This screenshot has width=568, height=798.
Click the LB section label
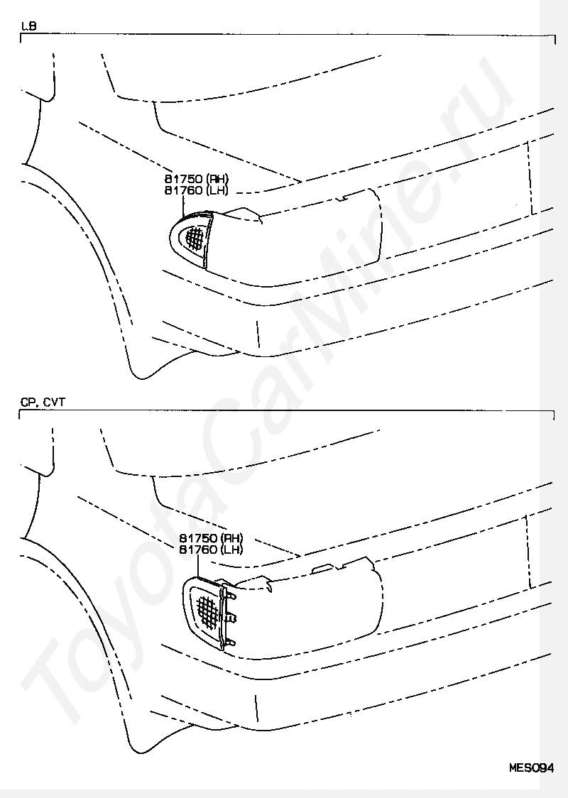[x=29, y=26]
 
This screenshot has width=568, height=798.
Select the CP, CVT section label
[x=43, y=402]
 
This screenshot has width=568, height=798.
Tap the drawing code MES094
[x=532, y=767]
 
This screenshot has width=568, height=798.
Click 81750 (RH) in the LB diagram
[x=197, y=179]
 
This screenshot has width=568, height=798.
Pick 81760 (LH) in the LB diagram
[x=197, y=190]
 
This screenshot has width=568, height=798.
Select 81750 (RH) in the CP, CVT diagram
[x=211, y=538]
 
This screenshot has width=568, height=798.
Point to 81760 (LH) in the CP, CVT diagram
[x=211, y=550]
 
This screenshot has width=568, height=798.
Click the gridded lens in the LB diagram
[x=195, y=237]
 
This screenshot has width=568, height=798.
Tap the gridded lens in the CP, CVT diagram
[x=209, y=606]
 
